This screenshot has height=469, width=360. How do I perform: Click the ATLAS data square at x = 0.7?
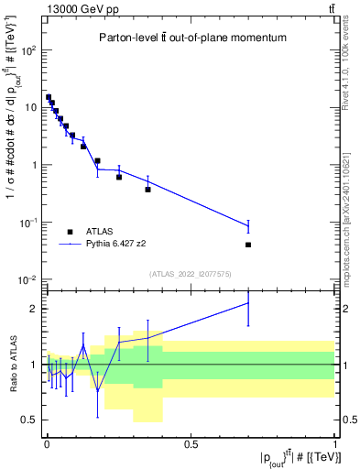pos(248,245)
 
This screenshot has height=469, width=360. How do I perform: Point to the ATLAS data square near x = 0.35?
pos(147,190)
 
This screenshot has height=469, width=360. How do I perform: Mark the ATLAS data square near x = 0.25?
pos(119,177)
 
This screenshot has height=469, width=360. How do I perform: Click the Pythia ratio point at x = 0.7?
pos(248,303)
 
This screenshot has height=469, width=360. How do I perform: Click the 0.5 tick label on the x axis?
pos(191,444)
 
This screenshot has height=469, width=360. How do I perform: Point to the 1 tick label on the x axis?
pos(335,444)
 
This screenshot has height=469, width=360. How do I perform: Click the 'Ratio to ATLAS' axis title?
pos(12,365)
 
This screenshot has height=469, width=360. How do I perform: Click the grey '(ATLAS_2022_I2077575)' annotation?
pos(191,274)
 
